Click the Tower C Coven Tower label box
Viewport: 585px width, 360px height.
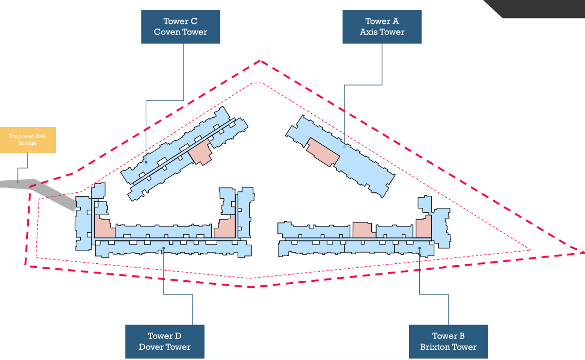coord(180,27)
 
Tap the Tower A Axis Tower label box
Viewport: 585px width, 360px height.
coord(382,27)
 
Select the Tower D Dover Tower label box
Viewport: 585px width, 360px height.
coord(165,342)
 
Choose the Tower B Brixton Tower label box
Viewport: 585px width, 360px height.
coord(448,342)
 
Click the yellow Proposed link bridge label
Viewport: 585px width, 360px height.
coord(28,140)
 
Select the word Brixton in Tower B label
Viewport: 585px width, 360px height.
coord(435,347)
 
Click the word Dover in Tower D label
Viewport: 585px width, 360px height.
coord(151,347)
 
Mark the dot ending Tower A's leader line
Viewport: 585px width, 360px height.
coord(344,146)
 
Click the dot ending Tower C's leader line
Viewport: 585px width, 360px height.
coord(146,163)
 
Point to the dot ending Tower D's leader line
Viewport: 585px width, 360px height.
coord(164,248)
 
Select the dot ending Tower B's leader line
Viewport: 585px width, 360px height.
coord(420,248)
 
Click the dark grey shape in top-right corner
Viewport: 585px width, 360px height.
coord(539,7)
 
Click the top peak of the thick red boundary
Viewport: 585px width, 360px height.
coord(260,61)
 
